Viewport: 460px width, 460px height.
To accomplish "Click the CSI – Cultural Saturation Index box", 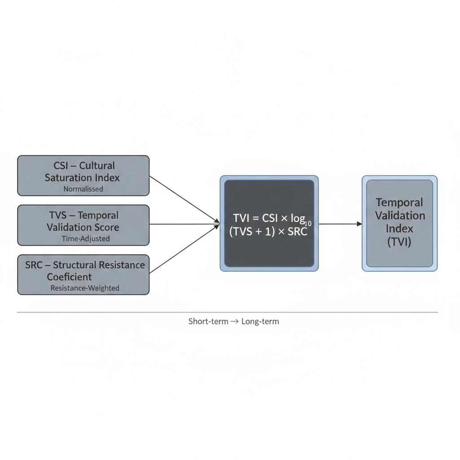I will tap(83, 175).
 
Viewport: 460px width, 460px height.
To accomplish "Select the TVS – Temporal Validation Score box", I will tap(83, 225).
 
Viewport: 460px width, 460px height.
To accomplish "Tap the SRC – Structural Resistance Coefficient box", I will tap(83, 274).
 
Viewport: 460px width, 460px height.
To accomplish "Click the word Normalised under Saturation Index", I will tap(83, 189).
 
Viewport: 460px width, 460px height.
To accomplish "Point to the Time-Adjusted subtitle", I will tap(85, 239).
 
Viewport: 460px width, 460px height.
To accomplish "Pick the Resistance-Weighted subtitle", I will tap(85, 288).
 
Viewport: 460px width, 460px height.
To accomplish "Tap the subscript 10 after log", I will tap(308, 223).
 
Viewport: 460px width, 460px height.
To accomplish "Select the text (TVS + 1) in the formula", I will tap(252, 233).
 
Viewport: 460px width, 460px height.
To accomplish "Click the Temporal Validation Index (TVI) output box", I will tap(399, 223).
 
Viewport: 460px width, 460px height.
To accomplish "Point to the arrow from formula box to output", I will tap(340, 224).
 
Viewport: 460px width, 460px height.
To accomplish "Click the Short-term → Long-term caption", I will tap(234, 321).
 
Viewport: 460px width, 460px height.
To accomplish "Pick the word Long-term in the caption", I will tap(260, 321).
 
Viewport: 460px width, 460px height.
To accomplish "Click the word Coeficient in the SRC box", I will tap(69, 277).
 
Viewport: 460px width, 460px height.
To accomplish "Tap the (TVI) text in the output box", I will tap(399, 242).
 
